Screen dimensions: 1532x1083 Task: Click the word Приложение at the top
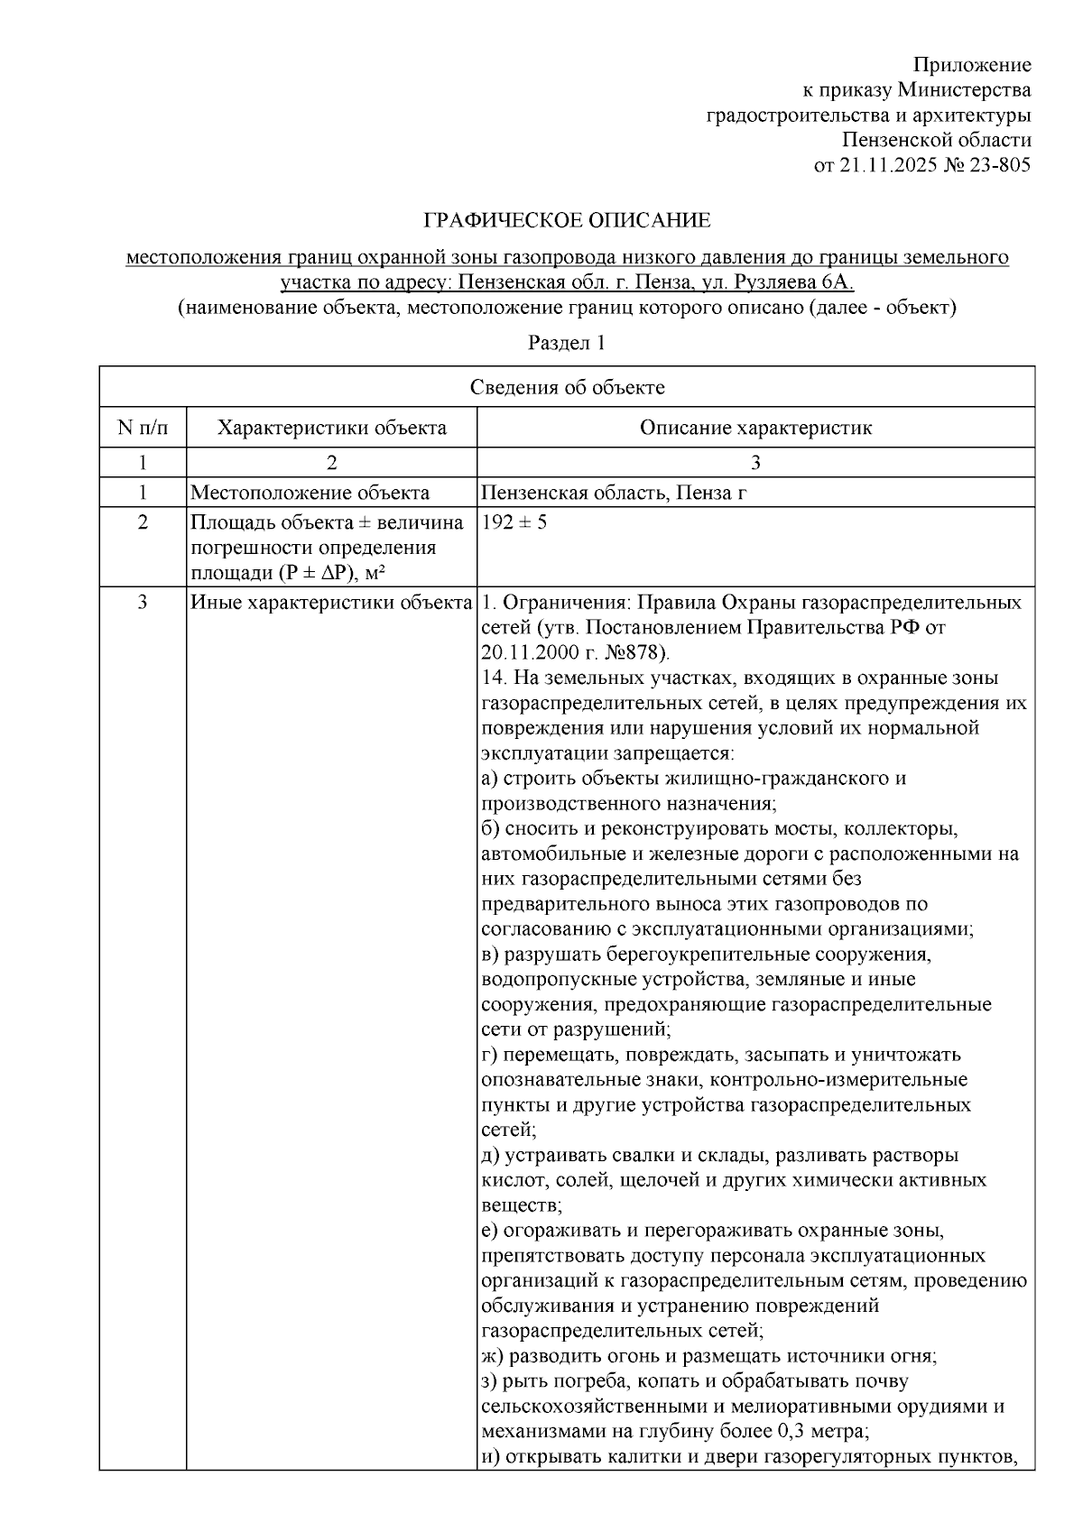972,65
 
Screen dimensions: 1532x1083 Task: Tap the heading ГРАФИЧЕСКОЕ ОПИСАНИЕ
567,220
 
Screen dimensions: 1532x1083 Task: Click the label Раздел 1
566,343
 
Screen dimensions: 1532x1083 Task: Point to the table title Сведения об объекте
567,387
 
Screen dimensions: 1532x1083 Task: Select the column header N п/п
143,428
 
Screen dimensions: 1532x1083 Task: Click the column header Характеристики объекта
331,428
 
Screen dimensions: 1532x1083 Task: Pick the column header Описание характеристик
755,428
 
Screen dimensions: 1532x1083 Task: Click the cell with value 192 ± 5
514,522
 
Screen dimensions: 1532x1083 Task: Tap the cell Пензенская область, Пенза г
614,493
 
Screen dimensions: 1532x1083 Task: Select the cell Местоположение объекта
310,493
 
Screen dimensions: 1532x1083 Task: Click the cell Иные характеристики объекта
331,603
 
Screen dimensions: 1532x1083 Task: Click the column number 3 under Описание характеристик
755,463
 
